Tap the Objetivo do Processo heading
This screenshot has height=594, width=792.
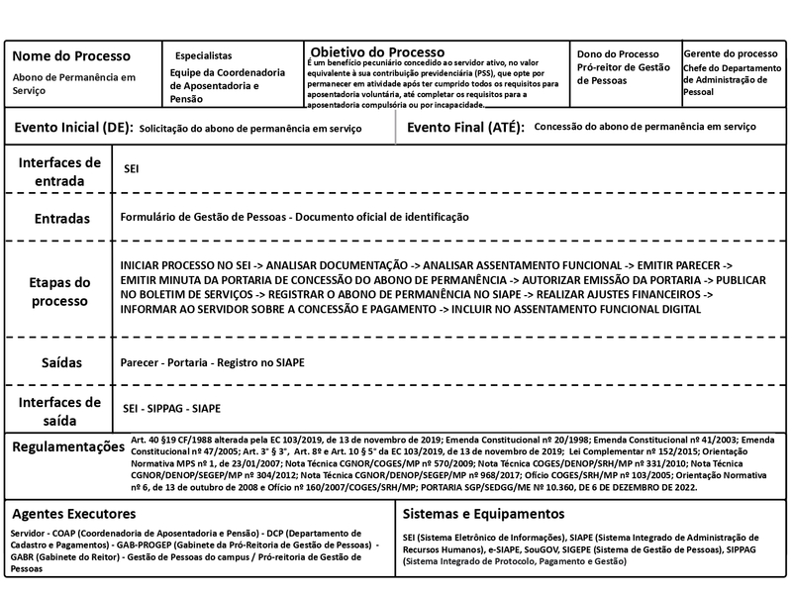click(377, 51)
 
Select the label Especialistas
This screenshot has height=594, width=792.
click(204, 55)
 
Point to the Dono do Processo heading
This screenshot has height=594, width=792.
click(618, 53)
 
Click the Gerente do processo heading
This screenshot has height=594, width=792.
click(731, 53)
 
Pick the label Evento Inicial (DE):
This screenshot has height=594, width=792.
click(70, 128)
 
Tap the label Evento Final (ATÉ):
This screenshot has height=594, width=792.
click(465, 128)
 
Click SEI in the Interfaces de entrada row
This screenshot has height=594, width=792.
click(131, 169)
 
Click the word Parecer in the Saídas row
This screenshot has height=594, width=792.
click(140, 362)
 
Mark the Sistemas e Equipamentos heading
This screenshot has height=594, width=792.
click(483, 514)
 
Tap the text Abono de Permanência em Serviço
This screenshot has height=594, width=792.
click(75, 83)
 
